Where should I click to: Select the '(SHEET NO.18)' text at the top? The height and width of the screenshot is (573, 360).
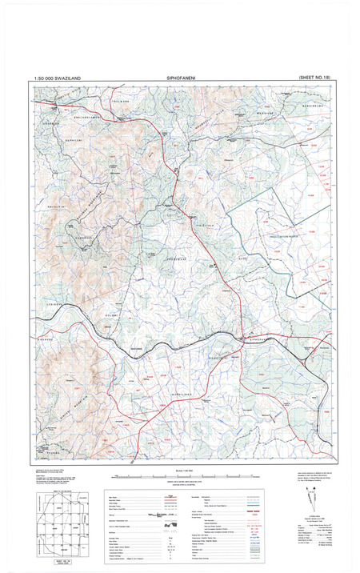(x=307, y=77)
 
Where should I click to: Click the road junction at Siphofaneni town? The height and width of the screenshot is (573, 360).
(x=242, y=335)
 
